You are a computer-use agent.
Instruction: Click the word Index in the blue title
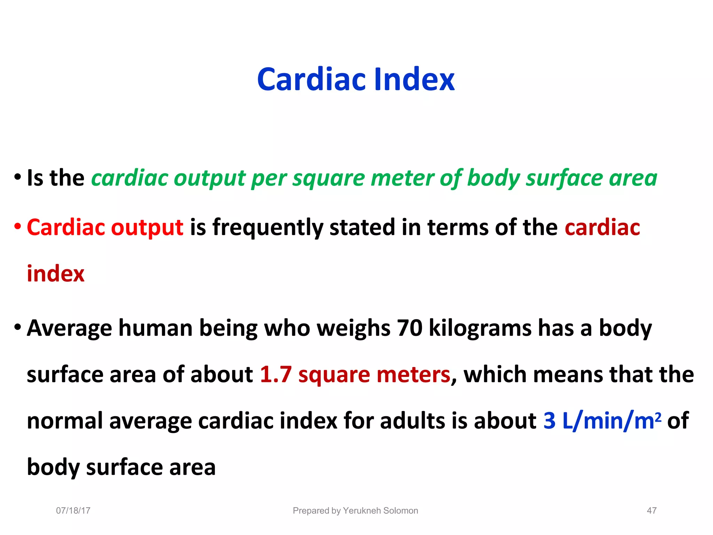(414, 80)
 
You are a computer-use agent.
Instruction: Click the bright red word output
(147, 227)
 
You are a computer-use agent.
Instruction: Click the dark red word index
(56, 274)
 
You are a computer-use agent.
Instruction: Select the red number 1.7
(276, 375)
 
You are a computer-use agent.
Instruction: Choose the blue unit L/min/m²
(611, 421)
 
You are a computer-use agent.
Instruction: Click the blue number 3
(549, 421)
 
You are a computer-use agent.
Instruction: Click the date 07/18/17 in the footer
(73, 511)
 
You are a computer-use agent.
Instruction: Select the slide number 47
(651, 511)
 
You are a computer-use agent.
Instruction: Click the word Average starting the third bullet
(69, 328)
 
